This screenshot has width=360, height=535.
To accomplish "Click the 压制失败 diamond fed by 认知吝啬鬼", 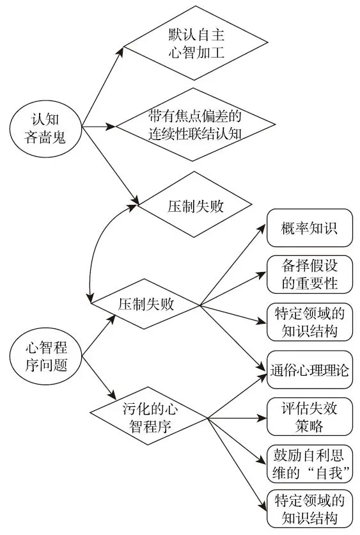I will [x=190, y=207].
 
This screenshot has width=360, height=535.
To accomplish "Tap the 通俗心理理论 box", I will [x=309, y=370].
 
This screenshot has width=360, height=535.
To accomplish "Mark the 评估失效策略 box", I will [x=309, y=417].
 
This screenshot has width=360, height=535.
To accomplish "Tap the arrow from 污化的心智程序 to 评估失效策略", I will [x=237, y=418].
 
